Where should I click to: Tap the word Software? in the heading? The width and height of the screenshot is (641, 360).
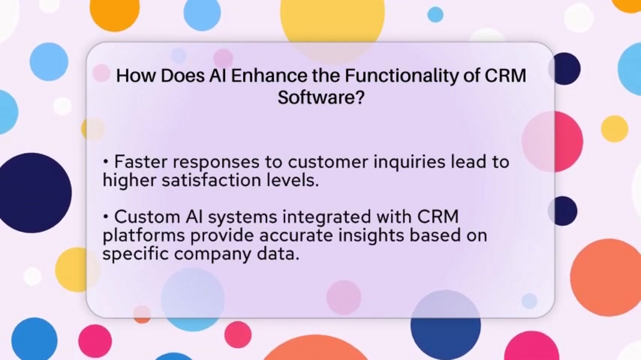click(320, 97)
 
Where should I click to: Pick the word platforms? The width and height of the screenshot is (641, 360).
click(144, 236)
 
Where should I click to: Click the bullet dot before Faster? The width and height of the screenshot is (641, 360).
click(106, 162)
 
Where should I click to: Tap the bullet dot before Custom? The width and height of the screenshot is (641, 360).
click(106, 217)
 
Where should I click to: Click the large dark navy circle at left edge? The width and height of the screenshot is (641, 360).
click(33, 192)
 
